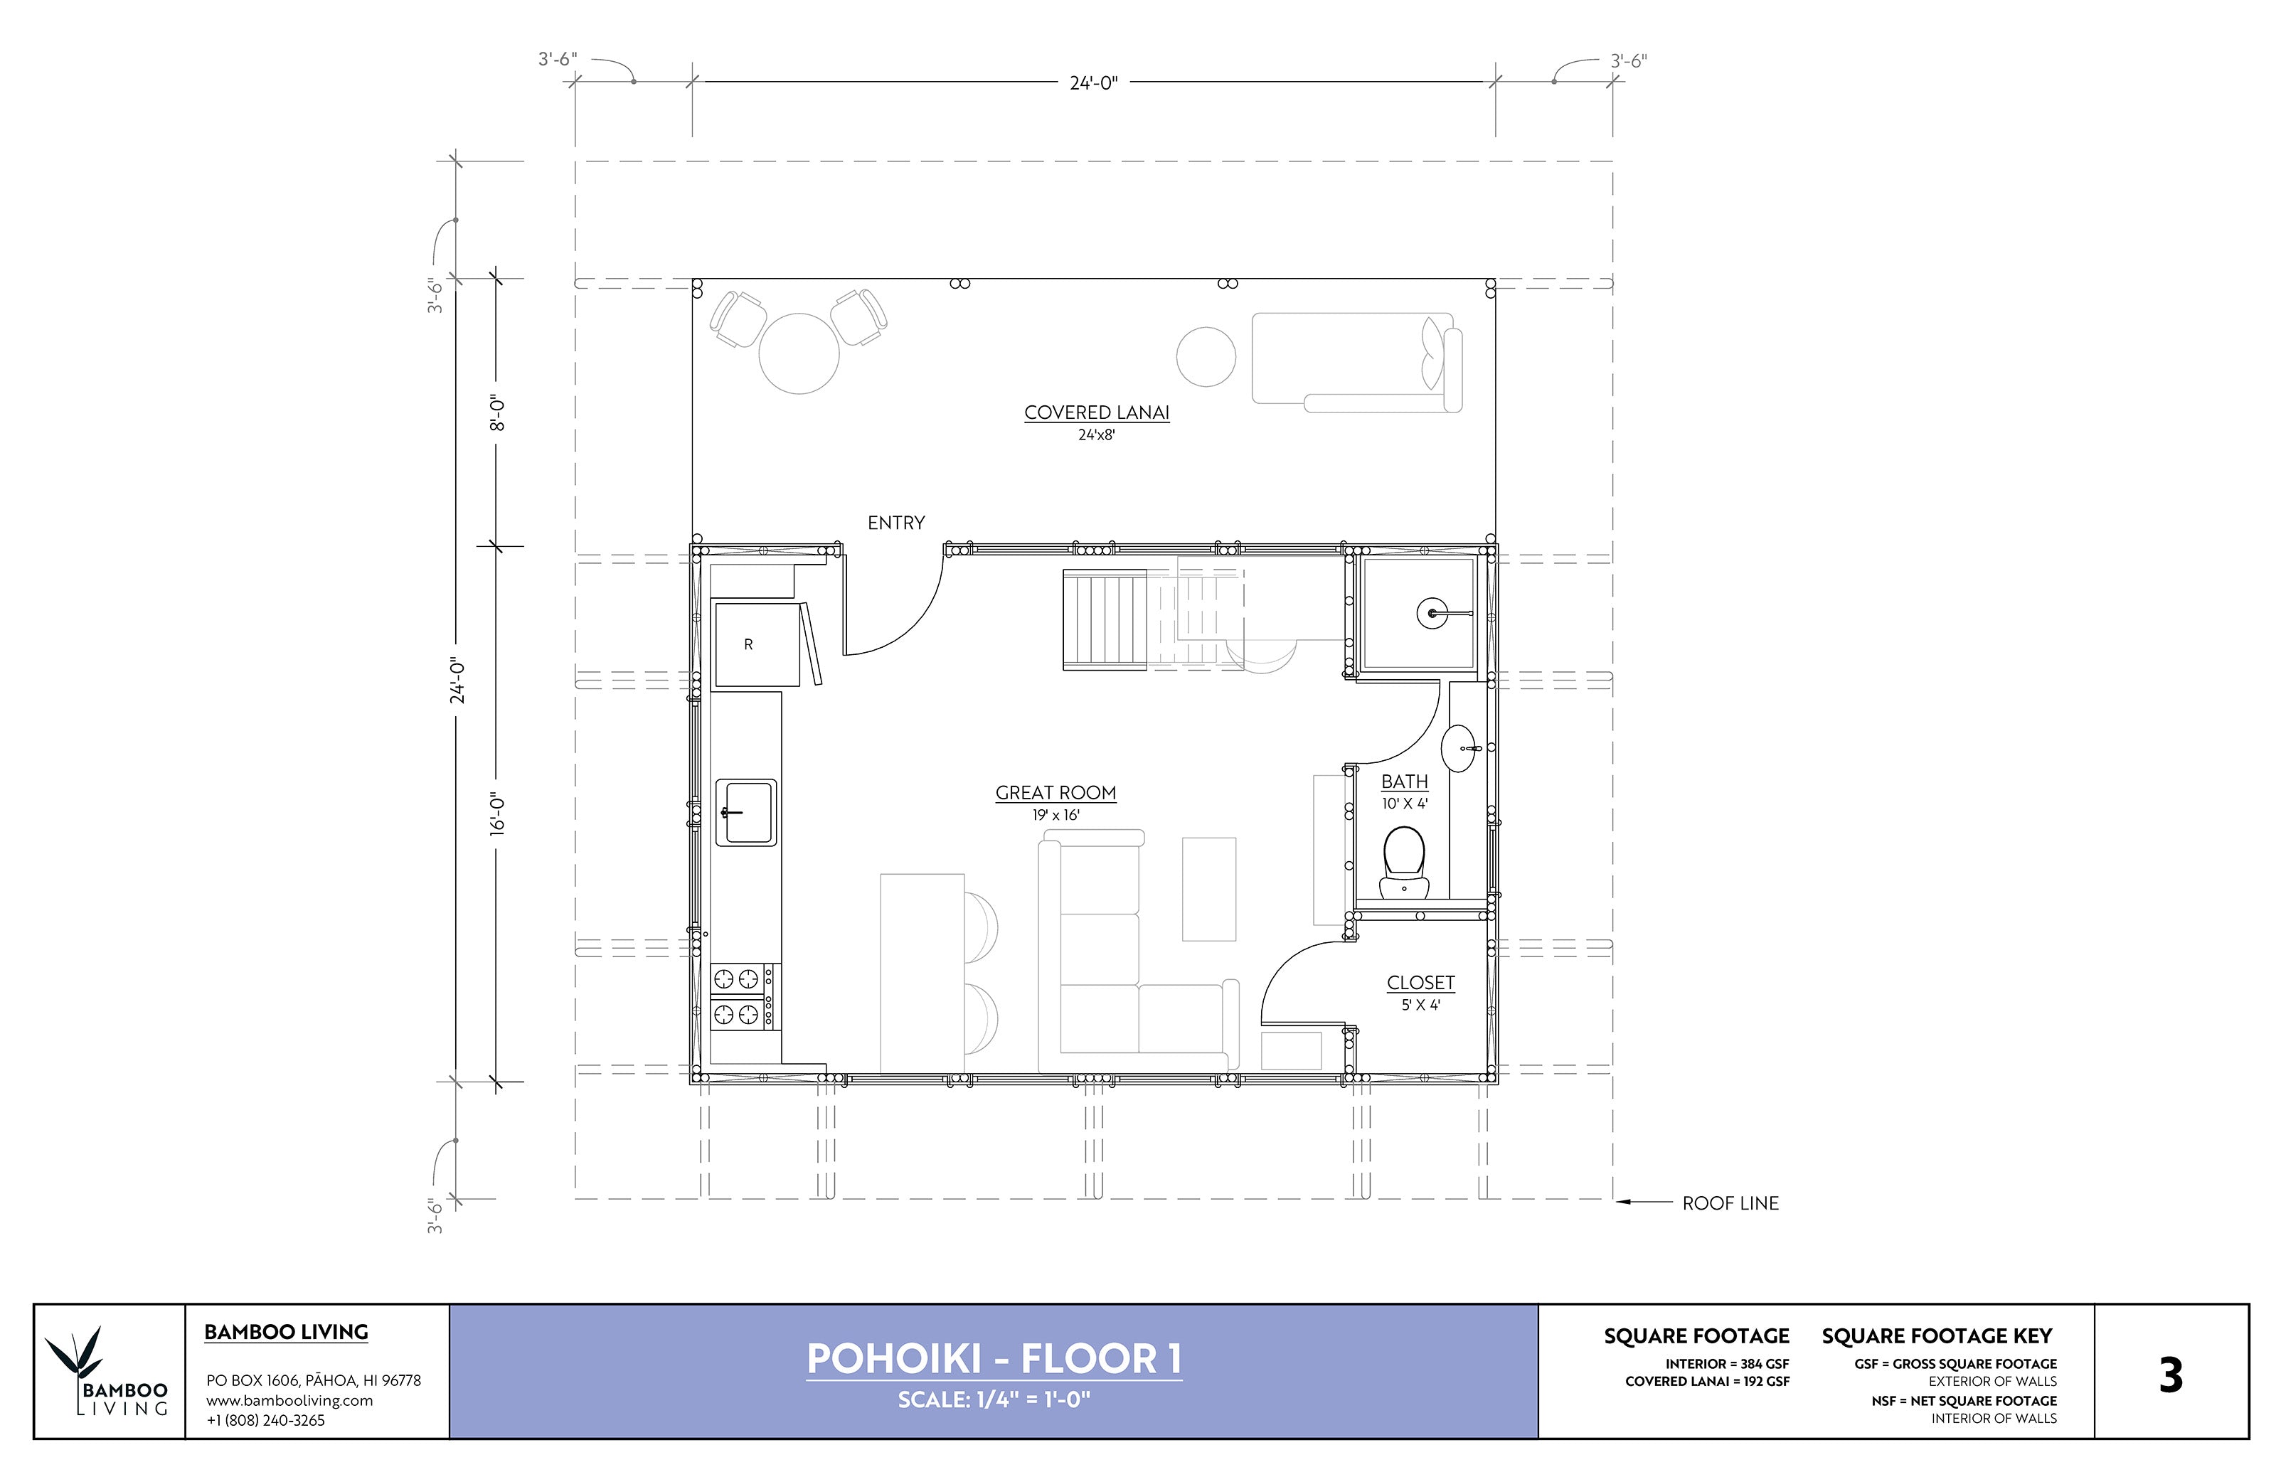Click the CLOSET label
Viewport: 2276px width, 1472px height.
1420,983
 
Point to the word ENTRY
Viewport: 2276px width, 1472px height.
895,523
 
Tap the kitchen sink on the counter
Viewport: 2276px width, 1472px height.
745,813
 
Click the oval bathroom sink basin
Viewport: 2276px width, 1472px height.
1459,747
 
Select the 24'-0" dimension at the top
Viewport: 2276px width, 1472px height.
1092,83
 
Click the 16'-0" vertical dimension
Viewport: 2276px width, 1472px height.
497,814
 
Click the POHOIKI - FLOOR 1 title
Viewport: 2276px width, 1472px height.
993,1358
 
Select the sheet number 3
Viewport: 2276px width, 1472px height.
2170,1375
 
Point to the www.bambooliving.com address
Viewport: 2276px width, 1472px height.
289,1400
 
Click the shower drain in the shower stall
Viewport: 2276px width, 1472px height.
1431,614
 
